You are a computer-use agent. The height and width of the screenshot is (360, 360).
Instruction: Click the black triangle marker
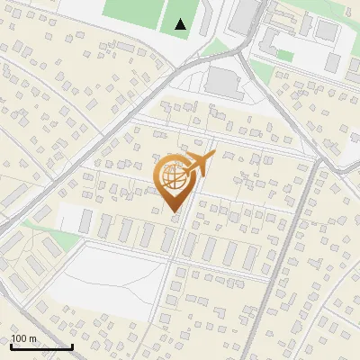(181, 24)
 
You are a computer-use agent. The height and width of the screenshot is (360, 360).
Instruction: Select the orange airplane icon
(202, 164)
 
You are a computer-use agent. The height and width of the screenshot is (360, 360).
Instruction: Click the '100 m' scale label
(23, 338)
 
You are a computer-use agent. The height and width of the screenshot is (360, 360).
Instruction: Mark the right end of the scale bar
(72, 346)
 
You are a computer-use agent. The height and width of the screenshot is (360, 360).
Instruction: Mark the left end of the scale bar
(11, 346)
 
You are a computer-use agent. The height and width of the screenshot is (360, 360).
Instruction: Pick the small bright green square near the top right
(285, 55)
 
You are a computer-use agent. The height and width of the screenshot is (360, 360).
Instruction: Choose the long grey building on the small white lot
(85, 219)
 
